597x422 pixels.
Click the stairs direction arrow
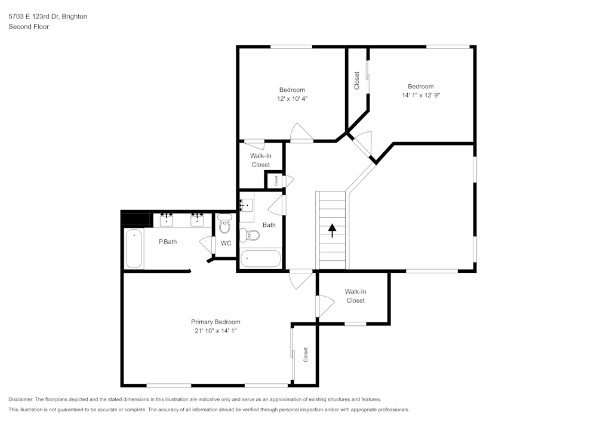pyautogui.click(x=331, y=230)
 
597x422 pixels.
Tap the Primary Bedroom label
pyautogui.click(x=216, y=321)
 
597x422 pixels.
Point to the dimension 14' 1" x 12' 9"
pyautogui.click(x=421, y=95)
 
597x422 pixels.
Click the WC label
pyautogui.click(x=226, y=243)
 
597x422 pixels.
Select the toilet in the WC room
pyautogui.click(x=225, y=225)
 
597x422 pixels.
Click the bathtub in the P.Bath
pyautogui.click(x=134, y=249)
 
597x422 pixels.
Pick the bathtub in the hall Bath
pyautogui.click(x=260, y=259)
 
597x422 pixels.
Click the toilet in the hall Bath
pyautogui.click(x=250, y=236)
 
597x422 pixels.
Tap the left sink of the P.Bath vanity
pyautogui.click(x=166, y=220)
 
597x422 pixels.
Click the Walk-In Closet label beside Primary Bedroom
pyautogui.click(x=356, y=296)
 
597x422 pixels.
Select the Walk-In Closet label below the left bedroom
pyautogui.click(x=261, y=160)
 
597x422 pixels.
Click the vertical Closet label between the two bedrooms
pyautogui.click(x=357, y=81)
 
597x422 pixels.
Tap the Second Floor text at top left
pyautogui.click(x=29, y=27)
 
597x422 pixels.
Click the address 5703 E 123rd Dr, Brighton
pyautogui.click(x=48, y=17)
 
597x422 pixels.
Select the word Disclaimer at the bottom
pyautogui.click(x=21, y=399)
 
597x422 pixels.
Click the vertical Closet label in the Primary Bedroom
pyautogui.click(x=305, y=355)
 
